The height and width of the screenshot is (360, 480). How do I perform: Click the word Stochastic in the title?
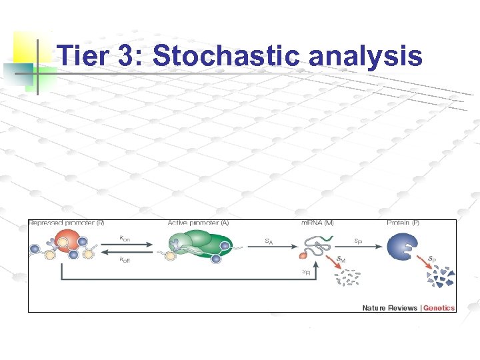[227, 56]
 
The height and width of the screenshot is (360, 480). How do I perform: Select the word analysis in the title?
[365, 56]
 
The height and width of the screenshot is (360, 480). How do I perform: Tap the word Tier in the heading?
[85, 56]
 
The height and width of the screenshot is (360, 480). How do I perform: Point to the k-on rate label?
[124, 237]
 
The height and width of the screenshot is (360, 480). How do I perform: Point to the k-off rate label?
[125, 259]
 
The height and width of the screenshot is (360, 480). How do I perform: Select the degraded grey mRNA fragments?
[348, 278]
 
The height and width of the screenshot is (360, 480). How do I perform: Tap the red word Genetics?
[439, 308]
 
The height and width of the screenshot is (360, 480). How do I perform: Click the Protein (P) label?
[403, 223]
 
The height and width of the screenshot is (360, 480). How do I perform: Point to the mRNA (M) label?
[317, 223]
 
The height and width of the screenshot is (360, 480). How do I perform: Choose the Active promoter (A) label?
[198, 223]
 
